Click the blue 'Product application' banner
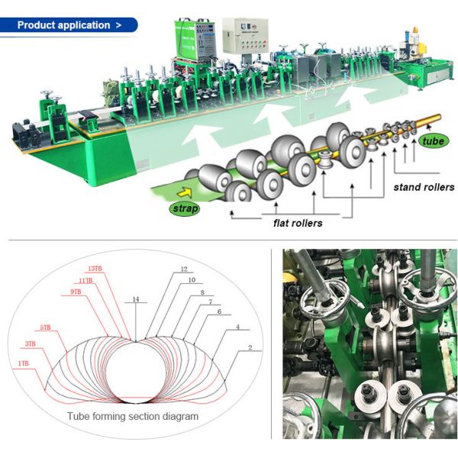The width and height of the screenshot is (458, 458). click(69, 25)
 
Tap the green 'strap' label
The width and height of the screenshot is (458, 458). click(185, 208)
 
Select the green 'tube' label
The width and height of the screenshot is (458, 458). click(433, 141)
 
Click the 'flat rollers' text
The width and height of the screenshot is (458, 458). click(298, 223)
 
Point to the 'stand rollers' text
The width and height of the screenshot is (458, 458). click(424, 187)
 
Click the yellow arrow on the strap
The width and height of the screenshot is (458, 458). click(185, 192)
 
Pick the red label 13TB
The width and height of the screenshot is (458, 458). click(95, 269)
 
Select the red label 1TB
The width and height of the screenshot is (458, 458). click(24, 363)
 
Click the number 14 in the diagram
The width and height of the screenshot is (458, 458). click(136, 299)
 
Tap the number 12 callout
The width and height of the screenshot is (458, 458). click(184, 269)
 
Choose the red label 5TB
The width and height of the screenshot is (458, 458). click(45, 327)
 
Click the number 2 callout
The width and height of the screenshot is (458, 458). click(250, 347)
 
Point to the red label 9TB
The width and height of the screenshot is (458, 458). click(76, 292)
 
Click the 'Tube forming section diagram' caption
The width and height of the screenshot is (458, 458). click(133, 416)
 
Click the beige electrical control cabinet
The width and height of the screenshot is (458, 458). click(245, 36)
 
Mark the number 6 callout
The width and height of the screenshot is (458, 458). click(220, 311)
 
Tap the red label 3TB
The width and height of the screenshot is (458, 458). click(30, 343)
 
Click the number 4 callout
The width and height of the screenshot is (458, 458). click(237, 327)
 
